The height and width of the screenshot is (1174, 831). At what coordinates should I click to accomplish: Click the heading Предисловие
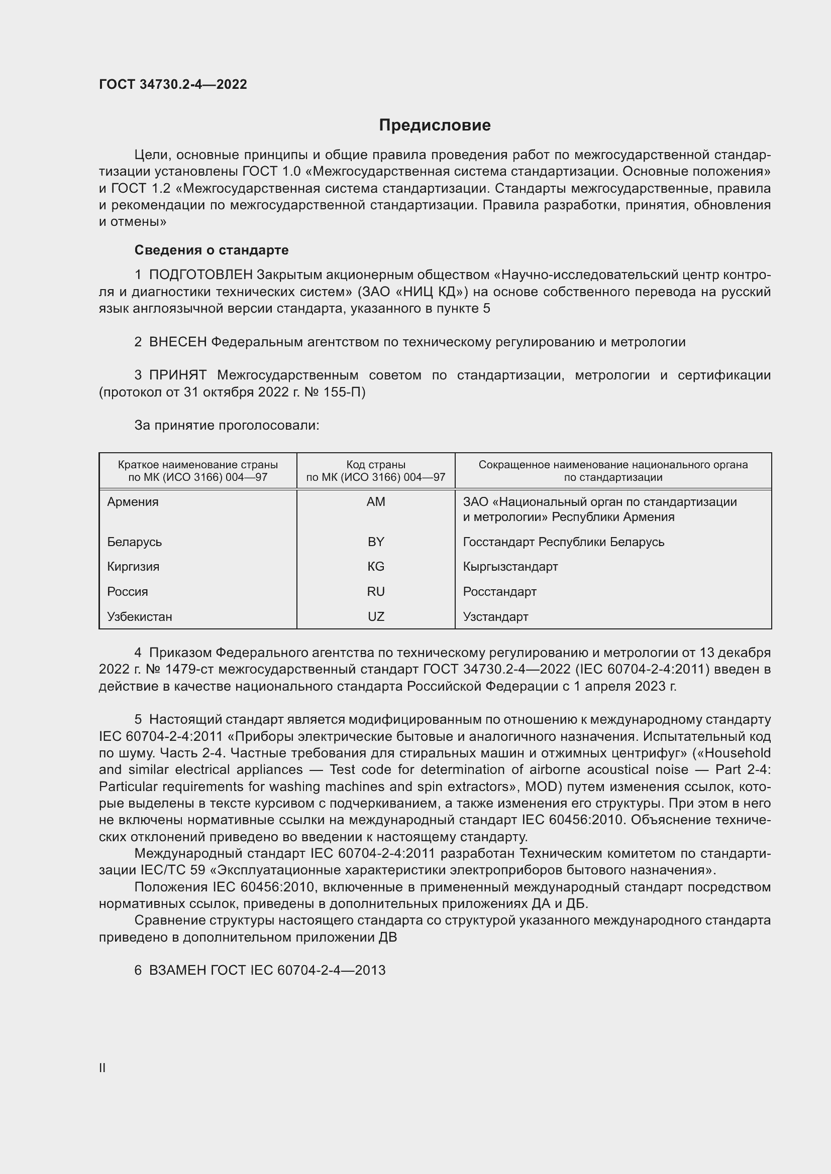(435, 125)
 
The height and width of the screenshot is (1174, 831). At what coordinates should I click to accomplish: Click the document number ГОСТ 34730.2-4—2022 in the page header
(173, 84)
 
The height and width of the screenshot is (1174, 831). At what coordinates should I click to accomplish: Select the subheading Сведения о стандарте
(212, 250)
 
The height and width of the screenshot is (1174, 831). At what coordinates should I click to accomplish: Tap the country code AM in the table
(376, 501)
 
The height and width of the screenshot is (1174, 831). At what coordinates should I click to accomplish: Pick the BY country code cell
(376, 542)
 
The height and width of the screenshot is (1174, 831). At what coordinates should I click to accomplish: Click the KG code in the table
(376, 567)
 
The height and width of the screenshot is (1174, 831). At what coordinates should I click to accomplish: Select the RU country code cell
(376, 592)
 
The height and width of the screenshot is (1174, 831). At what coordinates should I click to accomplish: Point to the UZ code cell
(376, 617)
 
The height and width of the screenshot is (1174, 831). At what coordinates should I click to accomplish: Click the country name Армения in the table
(133, 501)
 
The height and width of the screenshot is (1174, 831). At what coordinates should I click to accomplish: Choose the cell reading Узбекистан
(140, 617)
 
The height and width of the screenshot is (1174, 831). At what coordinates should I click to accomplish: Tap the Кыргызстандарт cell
(510, 567)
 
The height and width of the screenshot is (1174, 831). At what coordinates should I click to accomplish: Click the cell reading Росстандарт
(499, 592)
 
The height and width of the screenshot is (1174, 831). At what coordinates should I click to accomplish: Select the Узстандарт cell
(495, 617)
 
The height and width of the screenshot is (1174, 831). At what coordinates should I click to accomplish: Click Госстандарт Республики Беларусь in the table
(563, 542)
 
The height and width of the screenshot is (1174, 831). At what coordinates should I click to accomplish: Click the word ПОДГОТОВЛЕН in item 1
(200, 275)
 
